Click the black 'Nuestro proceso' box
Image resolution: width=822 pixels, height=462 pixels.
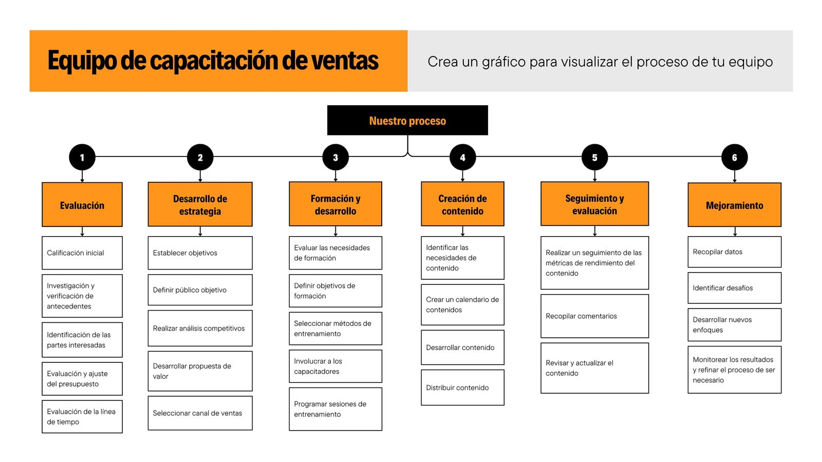tap(407, 120)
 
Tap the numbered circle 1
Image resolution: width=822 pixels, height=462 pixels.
tap(82, 157)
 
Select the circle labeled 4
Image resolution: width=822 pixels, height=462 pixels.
tap(463, 157)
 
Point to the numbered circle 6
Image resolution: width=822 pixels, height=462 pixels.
tap(734, 157)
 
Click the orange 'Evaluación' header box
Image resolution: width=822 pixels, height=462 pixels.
tap(82, 205)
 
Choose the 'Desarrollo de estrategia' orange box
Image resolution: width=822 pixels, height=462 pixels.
tap(200, 204)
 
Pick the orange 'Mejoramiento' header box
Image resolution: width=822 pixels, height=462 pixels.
tap(734, 205)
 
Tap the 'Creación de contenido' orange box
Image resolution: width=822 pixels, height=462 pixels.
tap(462, 204)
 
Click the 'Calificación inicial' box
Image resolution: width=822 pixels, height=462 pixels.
tap(82, 253)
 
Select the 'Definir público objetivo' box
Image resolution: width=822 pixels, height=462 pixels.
tap(200, 290)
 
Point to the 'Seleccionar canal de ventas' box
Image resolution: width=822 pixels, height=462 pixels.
tap(200, 413)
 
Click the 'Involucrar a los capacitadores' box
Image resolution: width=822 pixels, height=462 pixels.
tap(335, 367)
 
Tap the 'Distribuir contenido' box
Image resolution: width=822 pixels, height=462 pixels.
tap(462, 388)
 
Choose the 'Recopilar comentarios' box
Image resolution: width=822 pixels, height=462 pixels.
tap(594, 316)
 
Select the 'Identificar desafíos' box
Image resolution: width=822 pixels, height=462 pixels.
tap(734, 288)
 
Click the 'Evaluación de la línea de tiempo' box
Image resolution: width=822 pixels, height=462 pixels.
tap(82, 416)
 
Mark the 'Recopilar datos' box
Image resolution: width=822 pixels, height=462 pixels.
tap(734, 252)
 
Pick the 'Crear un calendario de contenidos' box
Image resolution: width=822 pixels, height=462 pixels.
tap(462, 305)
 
